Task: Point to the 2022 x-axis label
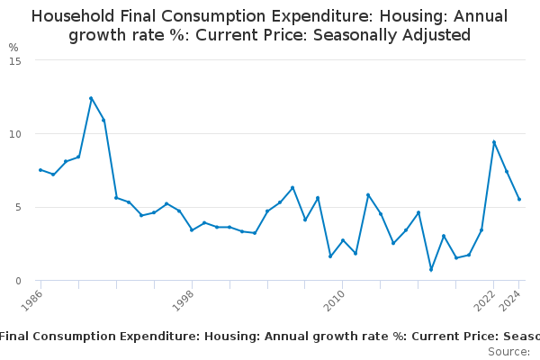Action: click(483, 299)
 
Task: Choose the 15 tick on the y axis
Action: click(15, 60)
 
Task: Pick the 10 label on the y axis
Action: click(15, 134)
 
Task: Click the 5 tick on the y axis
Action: click(18, 208)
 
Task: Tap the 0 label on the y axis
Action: click(18, 281)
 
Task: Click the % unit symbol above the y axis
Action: click(13, 47)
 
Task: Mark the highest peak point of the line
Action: click(91, 98)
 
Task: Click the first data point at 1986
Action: click(40, 170)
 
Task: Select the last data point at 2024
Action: click(519, 200)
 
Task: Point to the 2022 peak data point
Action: click(494, 142)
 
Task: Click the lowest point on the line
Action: click(431, 270)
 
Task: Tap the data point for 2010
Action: click(343, 240)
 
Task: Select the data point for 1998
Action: click(192, 230)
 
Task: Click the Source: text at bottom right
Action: click(508, 351)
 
